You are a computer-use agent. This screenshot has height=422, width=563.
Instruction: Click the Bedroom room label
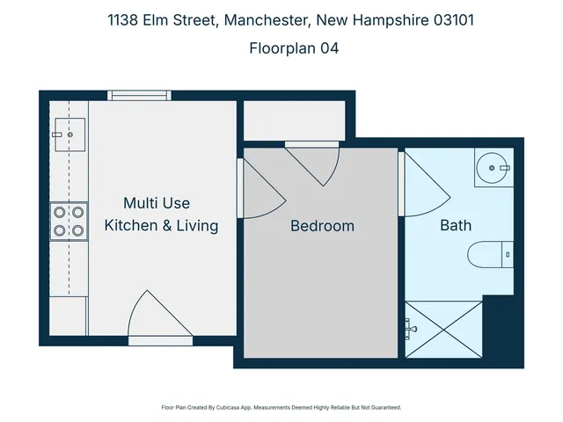coord(322,226)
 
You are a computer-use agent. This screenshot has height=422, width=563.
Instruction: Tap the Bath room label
coord(456,225)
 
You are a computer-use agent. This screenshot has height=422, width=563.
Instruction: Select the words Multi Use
coord(156,204)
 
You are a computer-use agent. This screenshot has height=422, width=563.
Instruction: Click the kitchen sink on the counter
coord(67,135)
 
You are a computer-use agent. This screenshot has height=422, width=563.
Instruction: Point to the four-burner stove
coord(69,221)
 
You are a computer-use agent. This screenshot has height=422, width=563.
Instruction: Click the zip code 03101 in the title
coord(450,20)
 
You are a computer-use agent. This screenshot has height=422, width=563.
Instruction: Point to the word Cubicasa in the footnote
coord(230,408)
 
